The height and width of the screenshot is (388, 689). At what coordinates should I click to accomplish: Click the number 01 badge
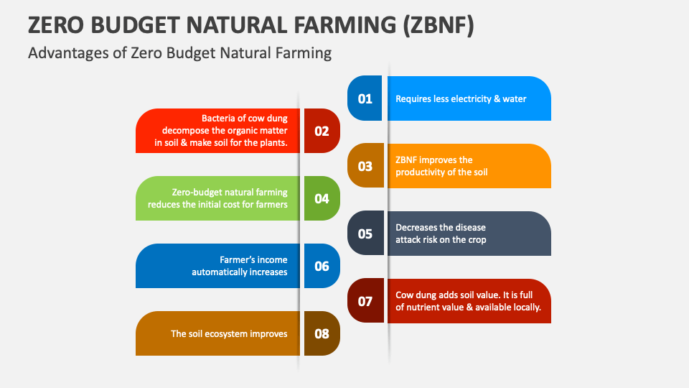(x=365, y=98)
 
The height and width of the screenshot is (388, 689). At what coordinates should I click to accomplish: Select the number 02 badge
(x=322, y=131)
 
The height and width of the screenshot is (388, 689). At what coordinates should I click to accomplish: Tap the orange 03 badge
(x=365, y=165)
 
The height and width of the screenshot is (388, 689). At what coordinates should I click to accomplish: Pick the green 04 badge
(x=322, y=198)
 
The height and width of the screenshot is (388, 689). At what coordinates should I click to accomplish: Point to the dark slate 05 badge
(x=365, y=233)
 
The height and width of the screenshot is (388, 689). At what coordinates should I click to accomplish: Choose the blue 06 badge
(x=322, y=266)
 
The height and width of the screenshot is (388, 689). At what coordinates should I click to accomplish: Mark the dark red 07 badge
(x=365, y=300)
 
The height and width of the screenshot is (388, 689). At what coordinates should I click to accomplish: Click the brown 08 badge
(x=322, y=333)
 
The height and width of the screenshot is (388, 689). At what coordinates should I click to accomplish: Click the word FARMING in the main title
(x=345, y=24)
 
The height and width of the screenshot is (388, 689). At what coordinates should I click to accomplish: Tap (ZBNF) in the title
(x=439, y=25)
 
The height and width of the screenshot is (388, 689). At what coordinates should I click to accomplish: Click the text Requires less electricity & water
(x=461, y=98)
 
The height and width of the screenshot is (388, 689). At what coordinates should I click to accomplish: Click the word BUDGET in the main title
(x=136, y=24)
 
